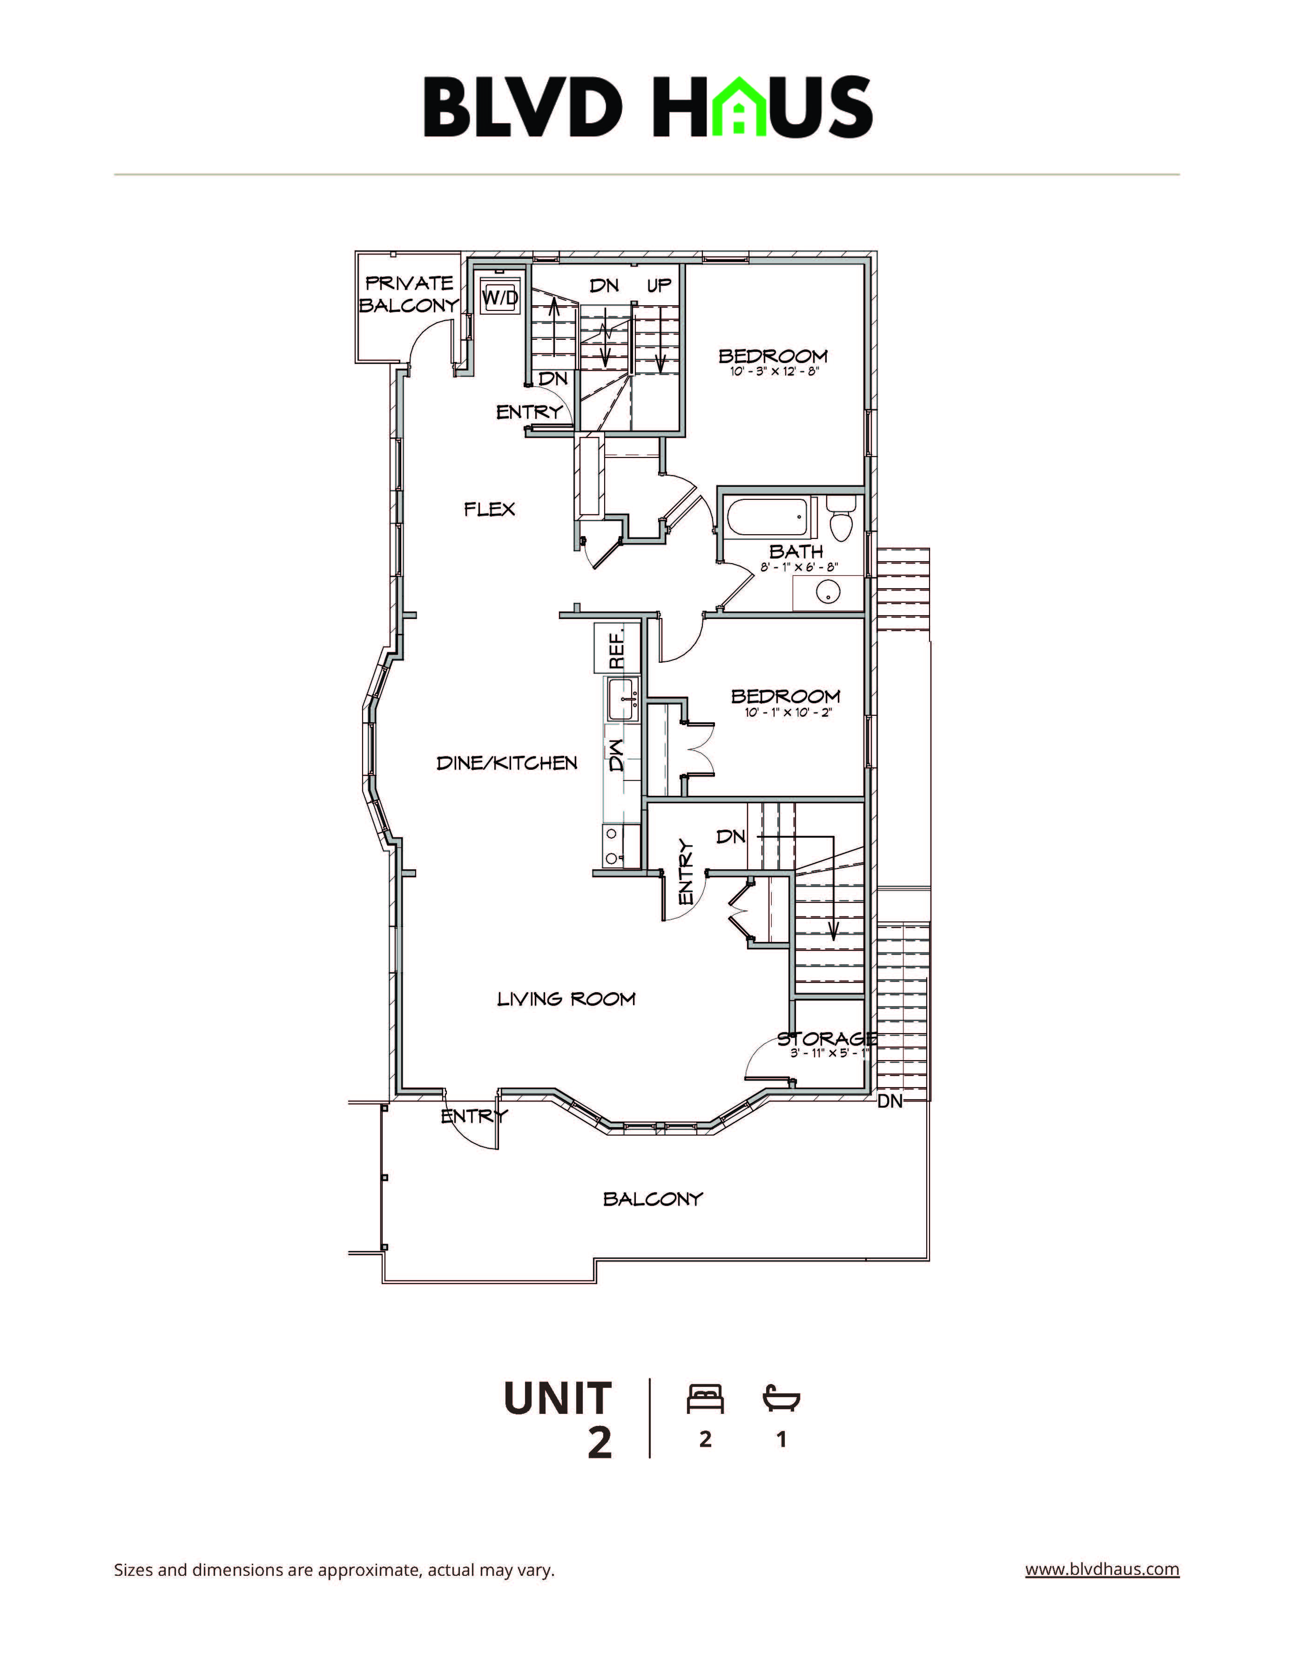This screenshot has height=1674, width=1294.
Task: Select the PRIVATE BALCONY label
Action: (x=409, y=294)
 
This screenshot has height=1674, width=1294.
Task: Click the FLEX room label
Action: (x=489, y=509)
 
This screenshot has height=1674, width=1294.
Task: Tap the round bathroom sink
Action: (x=826, y=592)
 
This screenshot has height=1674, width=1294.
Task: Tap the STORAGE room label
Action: (x=826, y=1039)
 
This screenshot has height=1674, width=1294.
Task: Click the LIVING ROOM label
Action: (x=566, y=999)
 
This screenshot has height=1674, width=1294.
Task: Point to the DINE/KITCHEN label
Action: (x=506, y=763)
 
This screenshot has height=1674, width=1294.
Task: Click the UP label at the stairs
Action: (x=659, y=285)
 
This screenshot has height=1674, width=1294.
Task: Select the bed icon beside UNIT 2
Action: (x=705, y=1399)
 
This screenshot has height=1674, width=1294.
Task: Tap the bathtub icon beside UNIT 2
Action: (x=781, y=1399)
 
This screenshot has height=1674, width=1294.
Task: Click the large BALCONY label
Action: (x=653, y=1199)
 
